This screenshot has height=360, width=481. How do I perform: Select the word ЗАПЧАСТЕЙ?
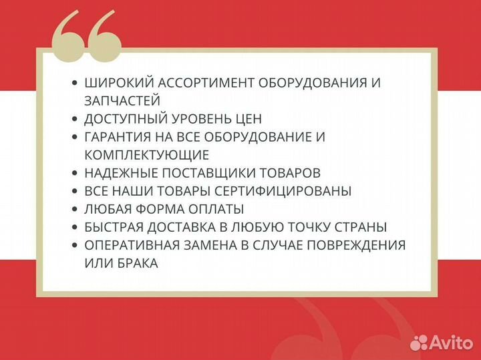tap(122, 101)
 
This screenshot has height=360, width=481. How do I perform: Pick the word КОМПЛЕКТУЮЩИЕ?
tap(147, 155)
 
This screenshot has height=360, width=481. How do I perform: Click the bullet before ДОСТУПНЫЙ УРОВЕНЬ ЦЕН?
tap(74, 119)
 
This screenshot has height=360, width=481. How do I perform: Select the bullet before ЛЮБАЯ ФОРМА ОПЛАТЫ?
tap(74, 209)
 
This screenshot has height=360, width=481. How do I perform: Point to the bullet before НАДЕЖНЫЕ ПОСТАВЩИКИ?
tap(74, 173)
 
